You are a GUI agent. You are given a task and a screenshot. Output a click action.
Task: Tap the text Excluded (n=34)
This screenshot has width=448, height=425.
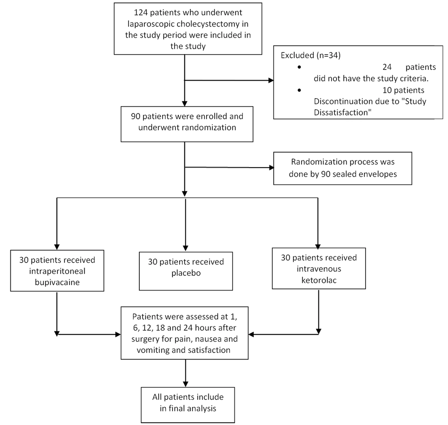tap(310, 55)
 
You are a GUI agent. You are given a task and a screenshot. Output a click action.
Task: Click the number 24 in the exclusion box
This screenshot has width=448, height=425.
tap(387, 67)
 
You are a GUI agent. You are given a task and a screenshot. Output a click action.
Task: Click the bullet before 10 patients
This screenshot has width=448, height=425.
tap(299, 91)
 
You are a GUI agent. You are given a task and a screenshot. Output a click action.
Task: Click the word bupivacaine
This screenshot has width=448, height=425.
tap(57, 282)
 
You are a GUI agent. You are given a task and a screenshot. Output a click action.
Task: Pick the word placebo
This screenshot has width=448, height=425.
tap(186, 273)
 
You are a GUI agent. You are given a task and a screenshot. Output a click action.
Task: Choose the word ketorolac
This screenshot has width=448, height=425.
tap(319, 280)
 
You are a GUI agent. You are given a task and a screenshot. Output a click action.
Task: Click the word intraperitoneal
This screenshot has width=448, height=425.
tap(57, 271)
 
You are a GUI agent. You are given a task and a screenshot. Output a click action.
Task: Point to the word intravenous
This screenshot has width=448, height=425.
tap(319, 269)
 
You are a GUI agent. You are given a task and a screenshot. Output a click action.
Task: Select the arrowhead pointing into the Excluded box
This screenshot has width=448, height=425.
tap(271, 80)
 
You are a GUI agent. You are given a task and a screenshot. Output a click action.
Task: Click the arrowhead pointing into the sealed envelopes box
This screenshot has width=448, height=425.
tap(271, 168)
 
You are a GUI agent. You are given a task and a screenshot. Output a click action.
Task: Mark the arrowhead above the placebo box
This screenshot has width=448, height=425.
tap(185, 248)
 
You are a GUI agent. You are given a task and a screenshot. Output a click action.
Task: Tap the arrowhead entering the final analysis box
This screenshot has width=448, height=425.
tap(185, 384)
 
